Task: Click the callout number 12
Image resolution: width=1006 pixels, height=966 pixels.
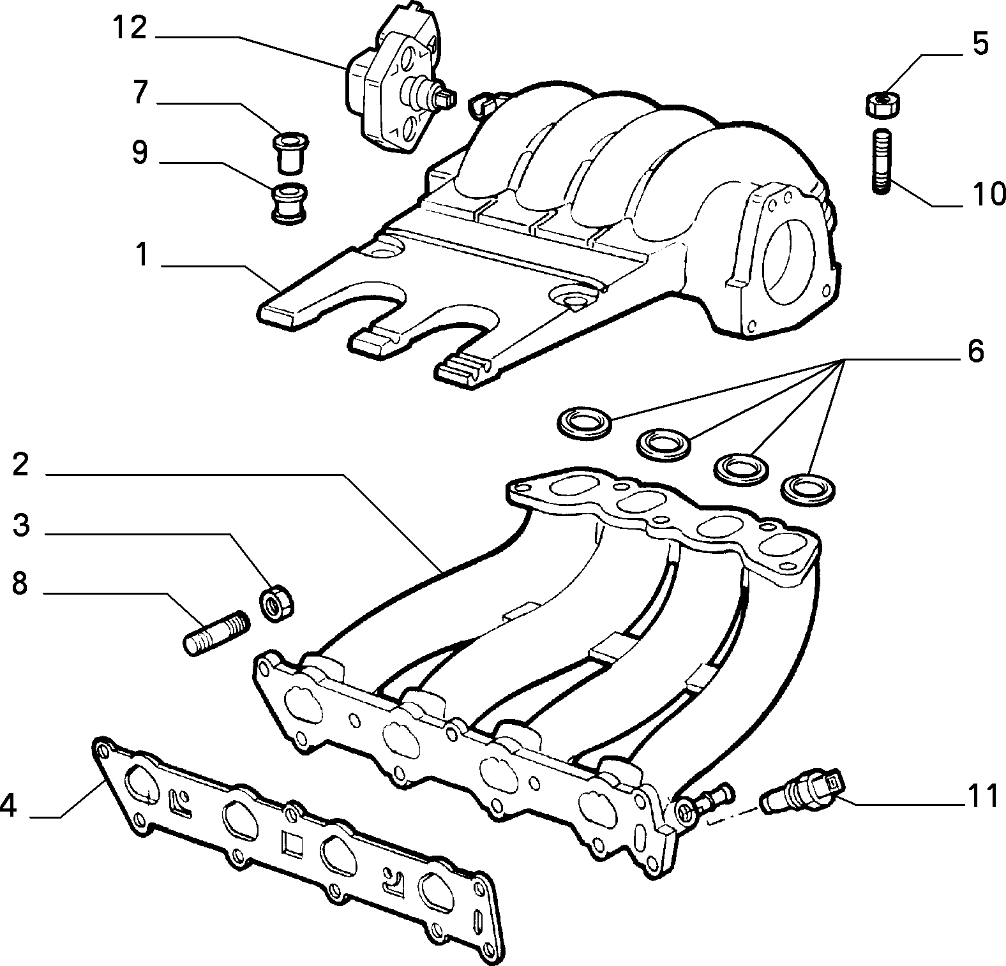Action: tap(130, 28)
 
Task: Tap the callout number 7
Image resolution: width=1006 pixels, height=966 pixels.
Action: tap(140, 93)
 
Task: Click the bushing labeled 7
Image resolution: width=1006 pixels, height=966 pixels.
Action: tap(290, 152)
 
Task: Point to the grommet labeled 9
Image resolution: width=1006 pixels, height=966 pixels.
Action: tap(289, 203)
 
